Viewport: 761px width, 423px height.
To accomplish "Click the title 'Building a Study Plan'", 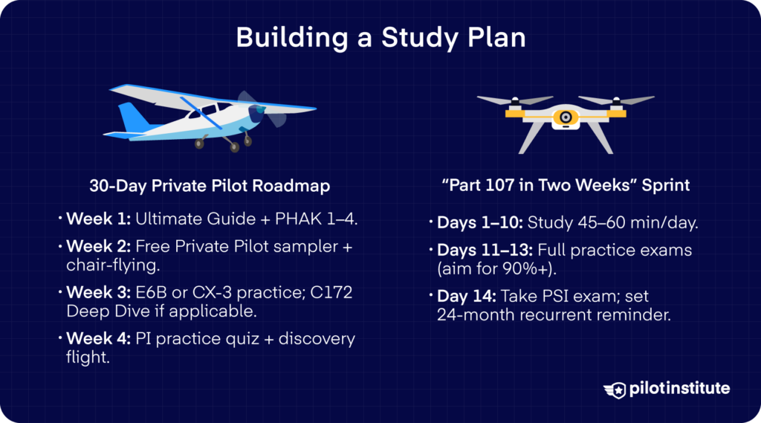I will [x=380, y=39].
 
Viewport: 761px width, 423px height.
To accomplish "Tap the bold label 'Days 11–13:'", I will [x=482, y=250].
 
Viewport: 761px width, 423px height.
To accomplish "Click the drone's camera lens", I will [x=566, y=117].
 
